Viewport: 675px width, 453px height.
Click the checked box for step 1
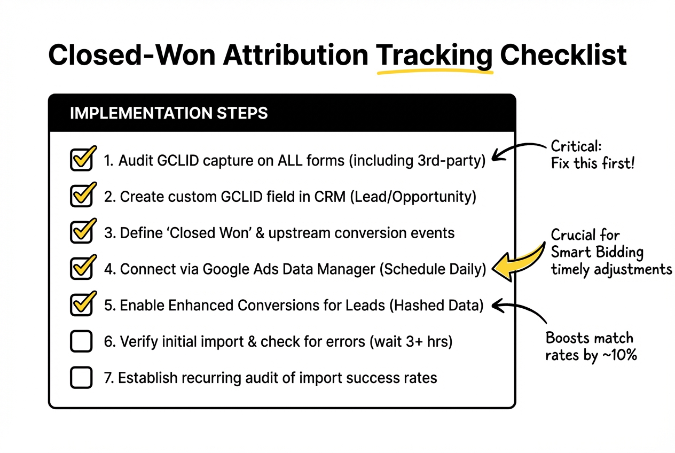pyautogui.click(x=81, y=160)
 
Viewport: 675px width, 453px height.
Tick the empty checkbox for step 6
pyautogui.click(x=81, y=342)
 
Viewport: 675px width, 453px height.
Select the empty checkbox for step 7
pyautogui.click(x=81, y=378)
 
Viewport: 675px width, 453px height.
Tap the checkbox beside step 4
pyautogui.click(x=81, y=269)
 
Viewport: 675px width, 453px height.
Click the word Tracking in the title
pyautogui.click(x=434, y=56)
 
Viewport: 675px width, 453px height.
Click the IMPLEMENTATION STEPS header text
pyautogui.click(x=169, y=113)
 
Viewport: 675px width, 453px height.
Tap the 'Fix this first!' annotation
pyautogui.click(x=592, y=163)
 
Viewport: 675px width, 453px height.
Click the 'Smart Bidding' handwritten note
pyautogui.click(x=597, y=252)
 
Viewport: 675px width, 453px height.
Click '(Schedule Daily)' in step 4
pyautogui.click(x=433, y=269)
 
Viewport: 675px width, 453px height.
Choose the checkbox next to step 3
pyautogui.click(x=81, y=233)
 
